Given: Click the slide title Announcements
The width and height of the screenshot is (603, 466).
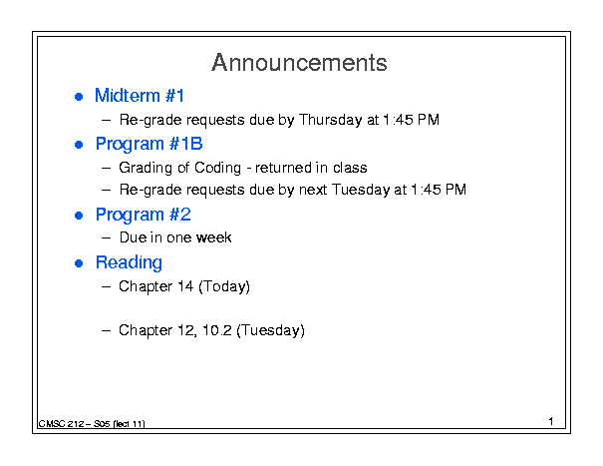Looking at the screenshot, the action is coord(299,63).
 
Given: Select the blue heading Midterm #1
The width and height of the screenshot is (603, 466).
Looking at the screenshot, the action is coord(140,96).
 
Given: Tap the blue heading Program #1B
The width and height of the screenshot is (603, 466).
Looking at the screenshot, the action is coord(149,145).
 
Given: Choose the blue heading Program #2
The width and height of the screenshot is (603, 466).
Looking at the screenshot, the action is coord(144,215).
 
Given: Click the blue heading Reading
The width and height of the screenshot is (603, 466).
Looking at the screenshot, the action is coord(129,263).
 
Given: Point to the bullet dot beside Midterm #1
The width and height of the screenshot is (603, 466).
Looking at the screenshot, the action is coord(79,97).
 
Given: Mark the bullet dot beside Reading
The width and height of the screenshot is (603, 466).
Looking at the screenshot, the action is coord(79,263).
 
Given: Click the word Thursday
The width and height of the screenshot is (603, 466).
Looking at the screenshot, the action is coord(330,120).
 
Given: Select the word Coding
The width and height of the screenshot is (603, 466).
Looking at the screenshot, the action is coord(217,168).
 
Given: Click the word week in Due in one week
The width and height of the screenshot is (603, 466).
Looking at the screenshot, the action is coord(214,237).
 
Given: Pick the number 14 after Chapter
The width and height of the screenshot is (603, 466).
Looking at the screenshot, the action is coord(185,286).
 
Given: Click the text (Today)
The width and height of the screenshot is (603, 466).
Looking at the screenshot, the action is coord(224,287).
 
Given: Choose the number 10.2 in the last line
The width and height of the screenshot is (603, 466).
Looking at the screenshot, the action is coord(217,330).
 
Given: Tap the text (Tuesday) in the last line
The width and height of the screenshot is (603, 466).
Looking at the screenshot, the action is coord(270,331).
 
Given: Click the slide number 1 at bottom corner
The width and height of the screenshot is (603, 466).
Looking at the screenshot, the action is coord(551,421).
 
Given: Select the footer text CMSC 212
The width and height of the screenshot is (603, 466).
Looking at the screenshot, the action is coord(61,424).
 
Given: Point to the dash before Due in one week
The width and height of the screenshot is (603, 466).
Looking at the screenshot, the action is coord(106,238).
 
